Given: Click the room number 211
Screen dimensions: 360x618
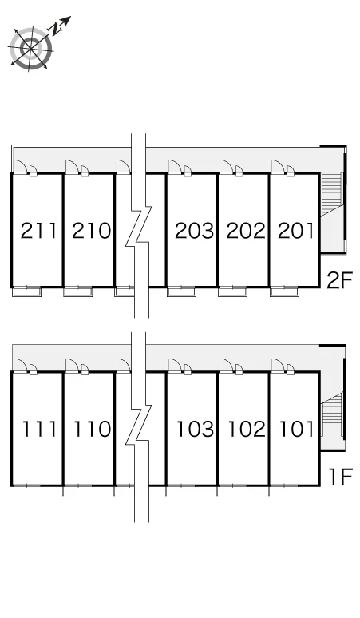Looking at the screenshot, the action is [x=38, y=231].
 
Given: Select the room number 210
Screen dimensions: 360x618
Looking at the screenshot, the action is [x=91, y=231].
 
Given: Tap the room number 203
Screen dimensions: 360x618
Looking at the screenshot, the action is [x=194, y=231].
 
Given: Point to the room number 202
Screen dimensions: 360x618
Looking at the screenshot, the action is [x=246, y=231].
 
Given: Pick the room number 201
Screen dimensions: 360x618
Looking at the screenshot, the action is [x=296, y=231].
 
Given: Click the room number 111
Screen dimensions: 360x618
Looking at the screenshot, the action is [x=38, y=430].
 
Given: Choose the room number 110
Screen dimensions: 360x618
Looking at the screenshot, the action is [x=92, y=430].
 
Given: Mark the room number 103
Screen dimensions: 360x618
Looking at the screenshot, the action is [x=195, y=430].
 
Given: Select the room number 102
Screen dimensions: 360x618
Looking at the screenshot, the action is [x=247, y=430].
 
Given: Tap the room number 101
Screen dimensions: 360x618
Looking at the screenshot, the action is [x=297, y=430].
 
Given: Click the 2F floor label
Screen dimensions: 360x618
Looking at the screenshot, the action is [x=338, y=280].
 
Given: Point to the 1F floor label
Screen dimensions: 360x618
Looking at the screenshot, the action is [x=340, y=477].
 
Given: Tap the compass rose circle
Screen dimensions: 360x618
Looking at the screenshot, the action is [x=31, y=49].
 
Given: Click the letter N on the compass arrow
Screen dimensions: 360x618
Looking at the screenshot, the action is [x=54, y=28].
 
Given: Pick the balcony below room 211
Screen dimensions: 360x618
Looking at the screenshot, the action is [x=27, y=292].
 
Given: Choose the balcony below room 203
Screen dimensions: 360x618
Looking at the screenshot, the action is [x=181, y=292].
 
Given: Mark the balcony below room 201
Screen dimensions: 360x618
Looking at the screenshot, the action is [x=284, y=292].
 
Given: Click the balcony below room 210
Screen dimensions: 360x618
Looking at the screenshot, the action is [x=78, y=292].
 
